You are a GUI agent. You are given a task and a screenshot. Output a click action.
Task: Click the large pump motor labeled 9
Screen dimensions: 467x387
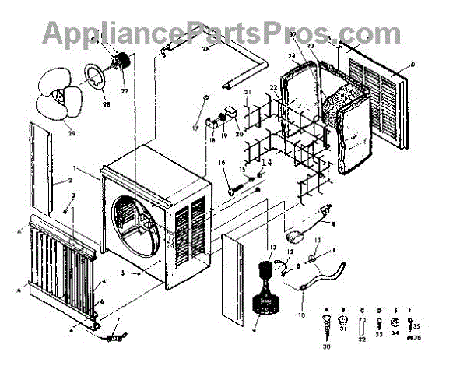click(x=269, y=297)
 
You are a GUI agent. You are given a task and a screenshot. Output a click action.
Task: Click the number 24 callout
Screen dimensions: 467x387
click(x=291, y=56)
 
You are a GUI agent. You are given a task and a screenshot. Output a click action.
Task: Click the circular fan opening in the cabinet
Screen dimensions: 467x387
click(x=141, y=227)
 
